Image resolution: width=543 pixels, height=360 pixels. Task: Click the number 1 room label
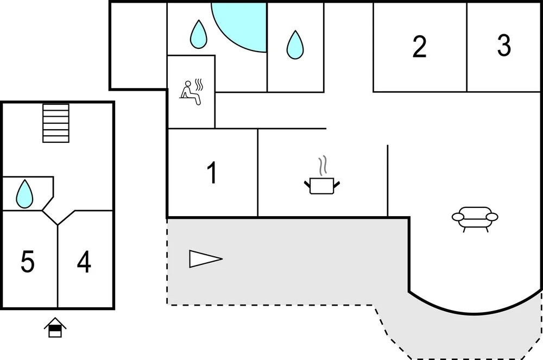coord(212,173)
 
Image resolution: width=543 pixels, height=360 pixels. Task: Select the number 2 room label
coord(419,47)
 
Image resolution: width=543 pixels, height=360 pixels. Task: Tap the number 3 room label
coord(504,46)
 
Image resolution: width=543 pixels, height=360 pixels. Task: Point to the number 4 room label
coord(84,262)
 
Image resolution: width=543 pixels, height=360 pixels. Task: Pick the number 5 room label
coord(28,262)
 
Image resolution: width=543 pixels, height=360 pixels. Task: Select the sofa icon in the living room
coord(475,217)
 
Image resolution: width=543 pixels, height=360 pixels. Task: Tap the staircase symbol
coord(56,123)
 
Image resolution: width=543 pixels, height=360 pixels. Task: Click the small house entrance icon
coord(55,327)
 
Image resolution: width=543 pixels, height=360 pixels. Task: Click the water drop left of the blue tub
coord(199,34)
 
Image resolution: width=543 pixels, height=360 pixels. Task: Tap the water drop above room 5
coord(24,194)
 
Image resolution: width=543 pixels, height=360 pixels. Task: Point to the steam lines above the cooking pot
coord(324,165)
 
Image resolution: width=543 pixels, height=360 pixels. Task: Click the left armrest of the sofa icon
coord(457,217)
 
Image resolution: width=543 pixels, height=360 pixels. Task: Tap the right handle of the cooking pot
coord(337,185)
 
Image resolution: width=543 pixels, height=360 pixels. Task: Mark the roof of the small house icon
coord(55,323)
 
